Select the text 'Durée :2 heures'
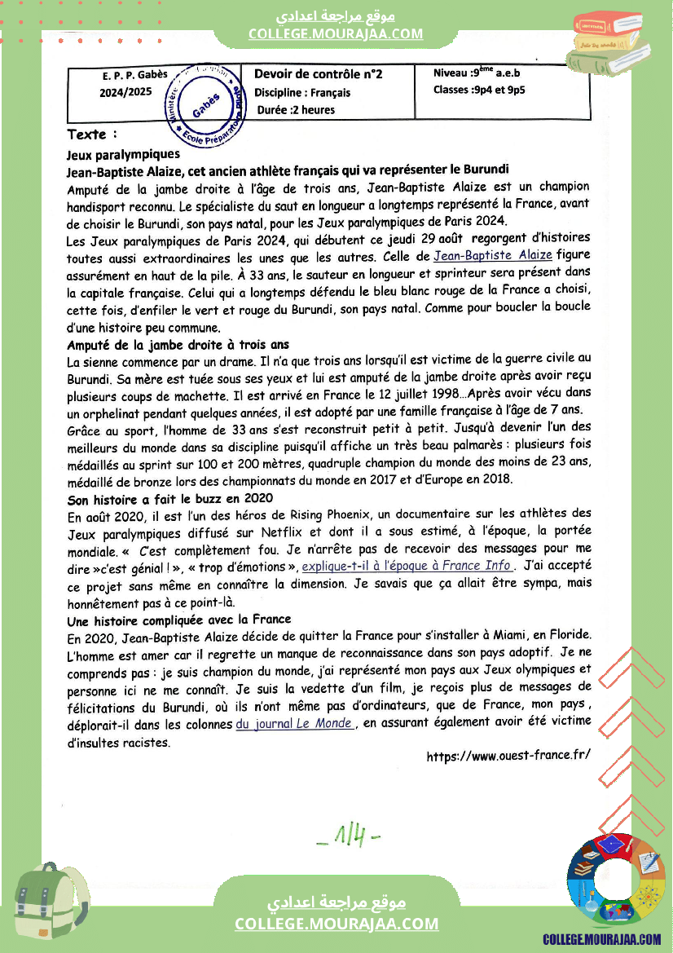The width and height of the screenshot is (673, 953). (x=296, y=110)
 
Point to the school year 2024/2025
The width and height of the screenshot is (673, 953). (x=125, y=92)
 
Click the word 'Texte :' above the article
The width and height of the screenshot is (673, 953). (x=92, y=135)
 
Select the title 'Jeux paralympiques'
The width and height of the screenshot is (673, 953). (x=123, y=154)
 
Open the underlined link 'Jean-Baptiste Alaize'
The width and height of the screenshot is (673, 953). (x=493, y=256)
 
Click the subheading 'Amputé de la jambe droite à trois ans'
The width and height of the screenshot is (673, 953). (x=178, y=345)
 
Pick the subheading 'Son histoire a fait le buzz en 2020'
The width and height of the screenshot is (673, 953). (x=169, y=498)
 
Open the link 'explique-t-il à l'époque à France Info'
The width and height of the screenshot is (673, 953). (x=407, y=565)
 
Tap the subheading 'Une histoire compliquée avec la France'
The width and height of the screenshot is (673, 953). (x=178, y=620)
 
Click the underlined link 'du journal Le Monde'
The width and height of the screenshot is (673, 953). (x=294, y=723)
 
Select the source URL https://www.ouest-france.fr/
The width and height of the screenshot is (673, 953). (x=508, y=757)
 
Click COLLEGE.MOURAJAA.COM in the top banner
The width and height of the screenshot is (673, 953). (x=336, y=33)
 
